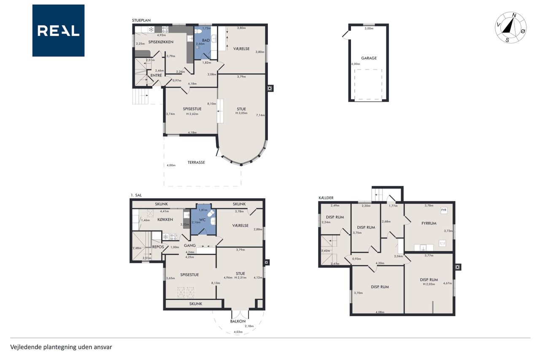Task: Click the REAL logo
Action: (x=58, y=31)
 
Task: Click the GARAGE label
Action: (x=369, y=58)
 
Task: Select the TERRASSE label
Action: (x=196, y=162)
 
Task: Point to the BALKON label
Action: (x=238, y=321)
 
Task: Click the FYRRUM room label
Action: (x=429, y=223)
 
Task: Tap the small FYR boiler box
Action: (x=444, y=210)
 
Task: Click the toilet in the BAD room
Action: (x=198, y=32)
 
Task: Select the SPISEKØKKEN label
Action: (x=161, y=42)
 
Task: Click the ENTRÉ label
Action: (x=156, y=75)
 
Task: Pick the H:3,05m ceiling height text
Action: (x=241, y=113)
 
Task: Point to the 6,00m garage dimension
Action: (x=356, y=64)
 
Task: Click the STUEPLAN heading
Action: (x=141, y=20)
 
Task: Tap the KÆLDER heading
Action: (x=326, y=198)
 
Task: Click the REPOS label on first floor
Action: (x=158, y=247)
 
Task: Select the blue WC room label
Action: (x=202, y=220)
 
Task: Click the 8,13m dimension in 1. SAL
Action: (x=216, y=283)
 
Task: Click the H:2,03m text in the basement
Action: (x=429, y=284)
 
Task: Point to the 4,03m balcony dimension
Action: (x=238, y=332)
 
